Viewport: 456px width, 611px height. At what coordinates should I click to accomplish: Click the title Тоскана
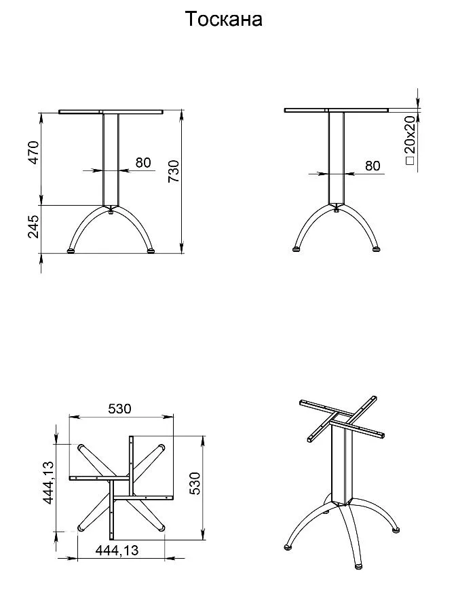click(x=223, y=19)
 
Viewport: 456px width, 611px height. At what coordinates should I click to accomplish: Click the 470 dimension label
click(x=33, y=152)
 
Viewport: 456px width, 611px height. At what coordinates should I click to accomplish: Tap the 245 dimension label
click(x=33, y=226)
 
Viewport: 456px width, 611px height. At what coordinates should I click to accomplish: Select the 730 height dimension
click(x=173, y=172)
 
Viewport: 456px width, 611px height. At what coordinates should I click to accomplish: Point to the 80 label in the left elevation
click(x=143, y=162)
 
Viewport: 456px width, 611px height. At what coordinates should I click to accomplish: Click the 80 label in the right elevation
click(x=373, y=166)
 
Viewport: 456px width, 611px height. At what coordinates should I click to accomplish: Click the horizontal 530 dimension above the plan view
click(x=119, y=409)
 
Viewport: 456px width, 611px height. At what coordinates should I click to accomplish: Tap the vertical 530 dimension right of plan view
click(x=196, y=483)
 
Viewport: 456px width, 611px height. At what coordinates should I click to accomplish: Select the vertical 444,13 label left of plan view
click(x=48, y=483)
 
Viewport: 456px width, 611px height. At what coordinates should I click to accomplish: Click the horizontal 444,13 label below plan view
click(x=117, y=550)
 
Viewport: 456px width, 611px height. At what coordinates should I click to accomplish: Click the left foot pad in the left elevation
click(x=71, y=251)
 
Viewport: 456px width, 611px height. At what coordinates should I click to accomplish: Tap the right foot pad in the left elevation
click(x=151, y=251)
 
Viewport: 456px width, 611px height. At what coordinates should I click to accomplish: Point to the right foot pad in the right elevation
click(x=376, y=248)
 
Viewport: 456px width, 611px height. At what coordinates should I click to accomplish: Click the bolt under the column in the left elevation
click(x=111, y=212)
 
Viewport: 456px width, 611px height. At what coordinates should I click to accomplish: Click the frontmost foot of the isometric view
click(x=359, y=566)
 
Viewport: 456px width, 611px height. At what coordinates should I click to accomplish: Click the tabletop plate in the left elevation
click(x=111, y=112)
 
